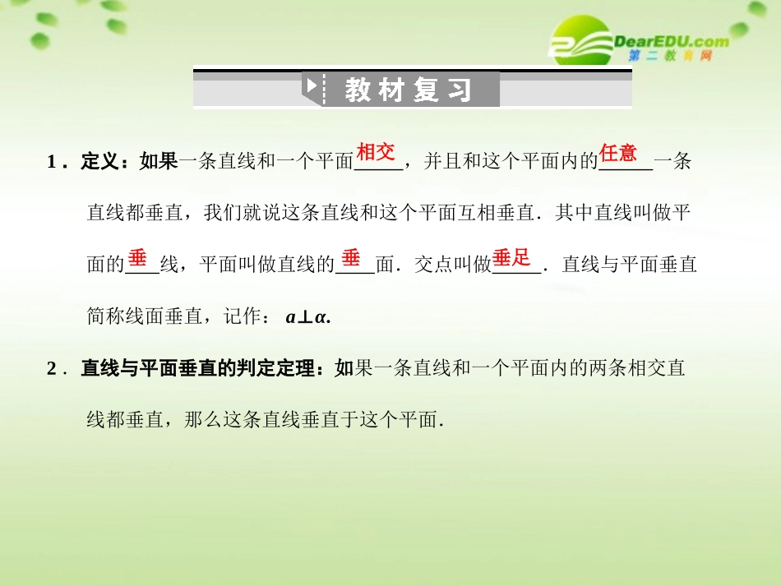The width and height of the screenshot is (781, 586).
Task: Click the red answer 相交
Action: pyautogui.click(x=376, y=152)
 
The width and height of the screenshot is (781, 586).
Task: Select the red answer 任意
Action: pyautogui.click(x=618, y=152)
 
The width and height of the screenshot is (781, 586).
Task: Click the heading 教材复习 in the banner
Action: pyautogui.click(x=408, y=90)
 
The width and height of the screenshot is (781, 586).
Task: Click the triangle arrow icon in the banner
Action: pyautogui.click(x=312, y=85)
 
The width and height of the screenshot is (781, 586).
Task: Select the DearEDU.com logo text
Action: pyautogui.click(x=671, y=40)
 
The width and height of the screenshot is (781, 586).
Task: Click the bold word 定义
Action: pyautogui.click(x=100, y=162)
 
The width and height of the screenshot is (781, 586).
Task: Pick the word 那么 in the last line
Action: pyautogui.click(x=202, y=420)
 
